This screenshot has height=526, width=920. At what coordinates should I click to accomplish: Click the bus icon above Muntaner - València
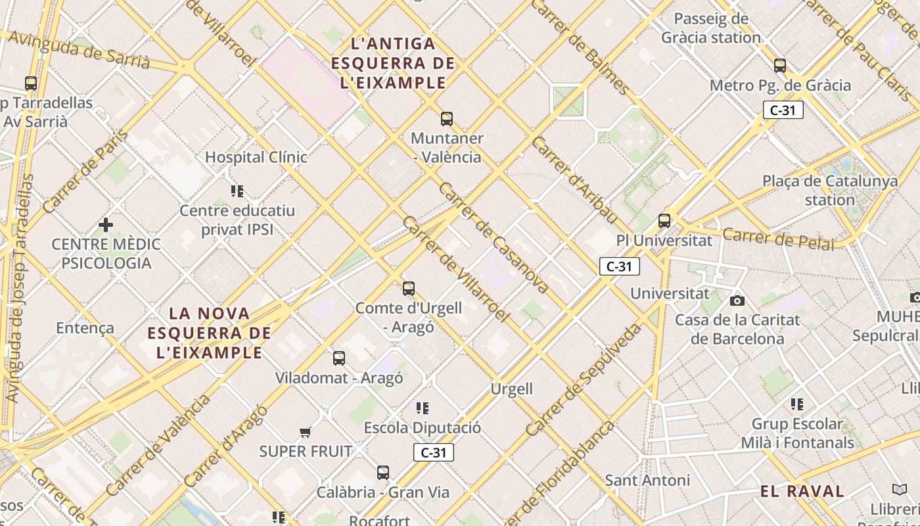[447, 119]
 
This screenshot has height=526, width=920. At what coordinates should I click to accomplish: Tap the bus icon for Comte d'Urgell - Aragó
[409, 289]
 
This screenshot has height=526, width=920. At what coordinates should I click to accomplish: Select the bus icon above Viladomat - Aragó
[339, 358]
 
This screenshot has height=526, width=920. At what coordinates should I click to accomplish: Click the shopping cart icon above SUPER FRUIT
[305, 432]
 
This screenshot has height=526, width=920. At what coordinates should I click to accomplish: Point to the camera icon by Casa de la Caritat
[737, 300]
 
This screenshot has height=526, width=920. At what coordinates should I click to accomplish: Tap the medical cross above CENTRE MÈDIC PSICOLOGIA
[105, 226]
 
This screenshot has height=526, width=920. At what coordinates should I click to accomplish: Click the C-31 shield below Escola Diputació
[434, 452]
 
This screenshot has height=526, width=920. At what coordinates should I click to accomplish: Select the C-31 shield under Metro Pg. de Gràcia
[783, 110]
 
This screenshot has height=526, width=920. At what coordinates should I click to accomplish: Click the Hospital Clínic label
[256, 157]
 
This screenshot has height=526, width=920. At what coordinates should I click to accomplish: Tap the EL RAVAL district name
[802, 491]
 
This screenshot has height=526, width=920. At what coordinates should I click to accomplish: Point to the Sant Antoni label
[647, 481]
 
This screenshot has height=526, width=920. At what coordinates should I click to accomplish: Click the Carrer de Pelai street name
[779, 239]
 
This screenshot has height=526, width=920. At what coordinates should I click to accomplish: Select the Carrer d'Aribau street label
[574, 179]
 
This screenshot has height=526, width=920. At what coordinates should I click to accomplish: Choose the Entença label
[85, 327]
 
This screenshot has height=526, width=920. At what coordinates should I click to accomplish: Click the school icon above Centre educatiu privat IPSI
[237, 191]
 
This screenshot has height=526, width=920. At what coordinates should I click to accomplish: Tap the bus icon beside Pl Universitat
[664, 221]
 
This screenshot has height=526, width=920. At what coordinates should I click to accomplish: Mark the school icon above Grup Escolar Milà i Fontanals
[797, 404]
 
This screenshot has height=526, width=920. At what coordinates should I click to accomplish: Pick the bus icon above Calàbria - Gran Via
[383, 473]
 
